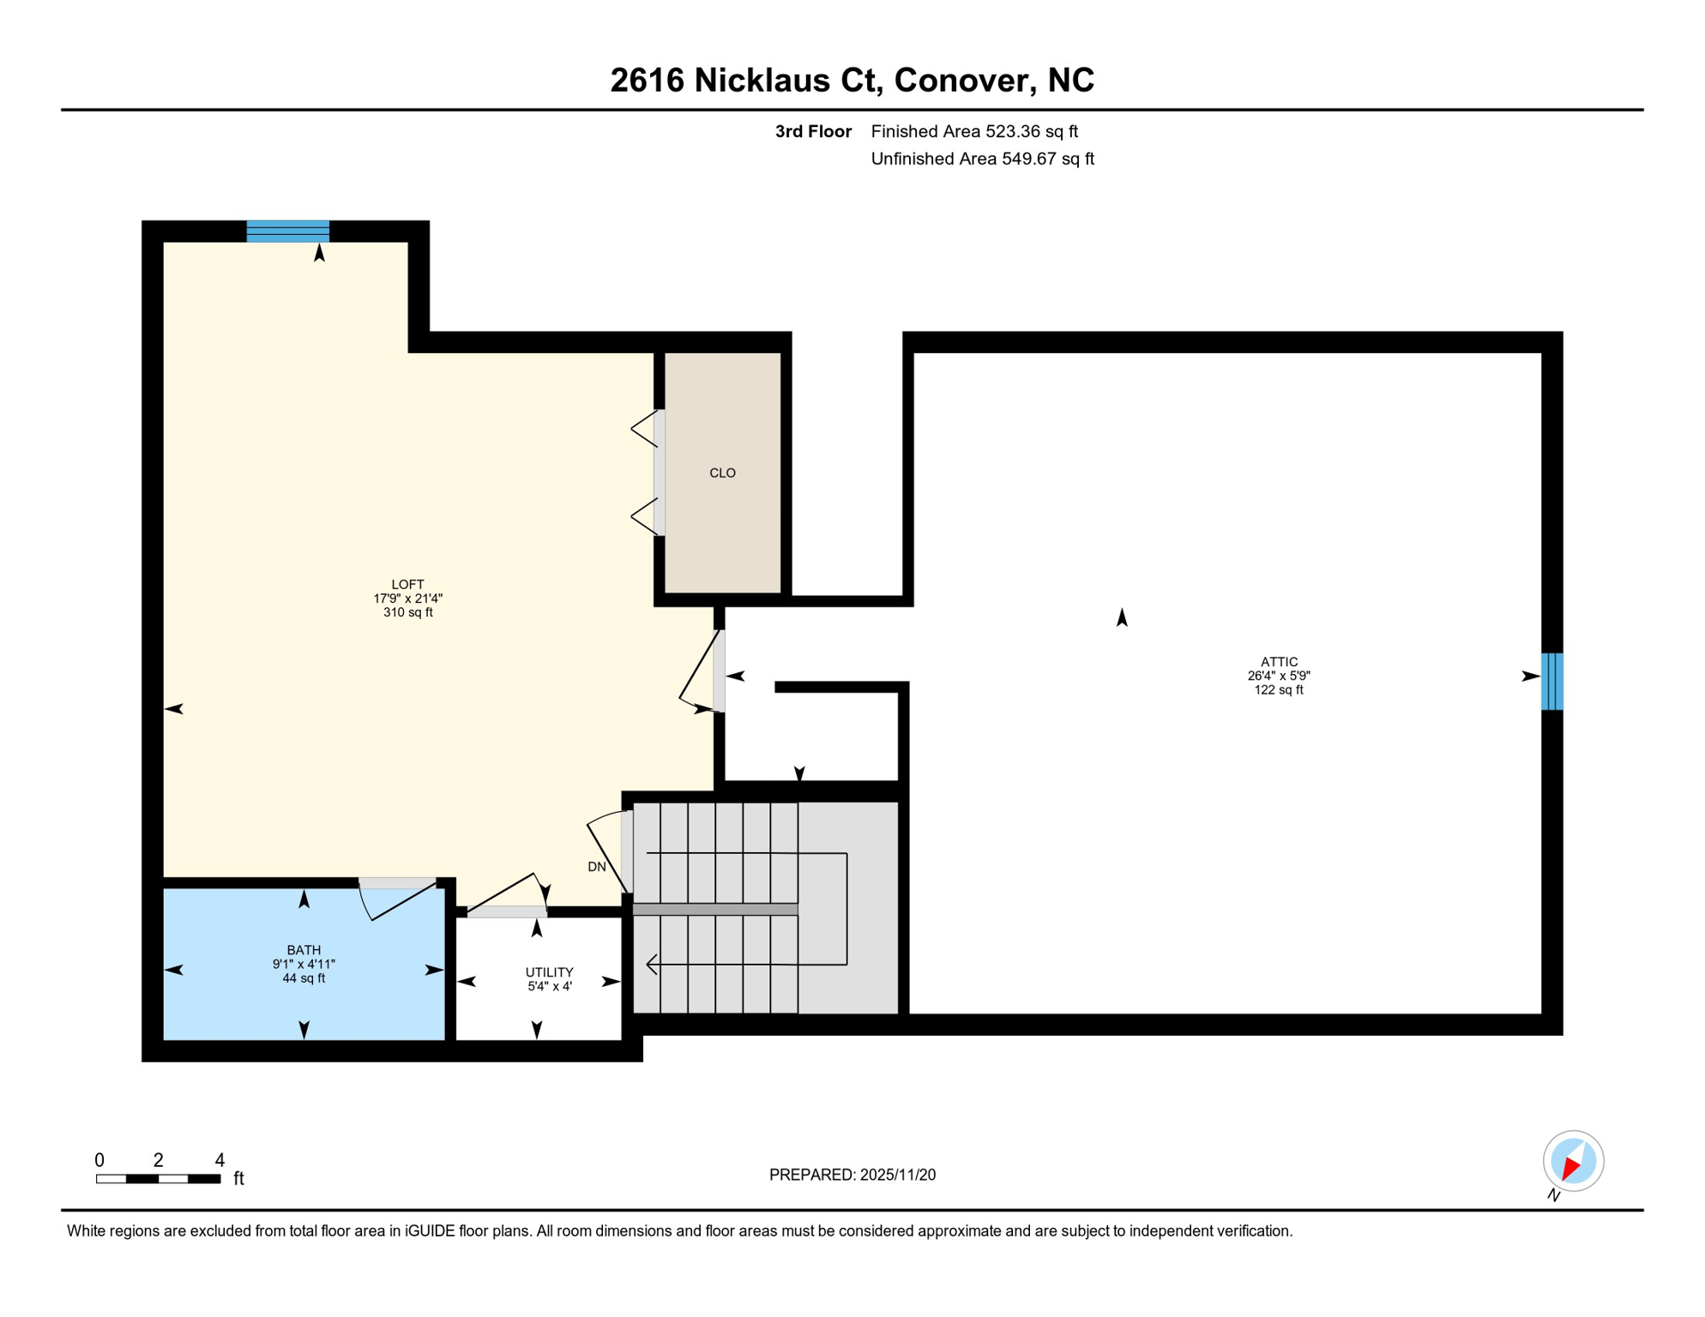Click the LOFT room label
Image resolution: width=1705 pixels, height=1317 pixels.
pos(407,585)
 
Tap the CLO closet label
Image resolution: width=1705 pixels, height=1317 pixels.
pos(722,473)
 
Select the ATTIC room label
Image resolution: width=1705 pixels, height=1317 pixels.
pos(1279,662)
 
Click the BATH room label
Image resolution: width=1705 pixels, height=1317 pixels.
pos(304,950)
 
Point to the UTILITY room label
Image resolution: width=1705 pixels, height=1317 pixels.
pos(549,972)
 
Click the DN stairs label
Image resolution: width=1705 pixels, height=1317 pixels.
pos(597,867)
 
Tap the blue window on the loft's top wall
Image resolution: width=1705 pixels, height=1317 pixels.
pos(288,232)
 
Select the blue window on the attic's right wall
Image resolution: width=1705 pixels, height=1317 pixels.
pos(1551,682)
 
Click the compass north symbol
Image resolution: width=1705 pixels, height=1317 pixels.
pos(1573,1161)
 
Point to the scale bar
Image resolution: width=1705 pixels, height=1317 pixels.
pos(159,1179)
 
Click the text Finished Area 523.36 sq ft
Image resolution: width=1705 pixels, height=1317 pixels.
pos(974,131)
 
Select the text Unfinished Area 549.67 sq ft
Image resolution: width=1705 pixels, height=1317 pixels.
pos(982,159)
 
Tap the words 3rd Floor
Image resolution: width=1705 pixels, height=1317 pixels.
pos(813,131)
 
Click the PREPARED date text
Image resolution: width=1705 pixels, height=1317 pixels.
pos(852,1175)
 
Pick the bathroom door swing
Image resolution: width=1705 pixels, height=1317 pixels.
pos(400,900)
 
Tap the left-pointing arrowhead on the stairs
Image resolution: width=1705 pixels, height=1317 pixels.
pos(652,965)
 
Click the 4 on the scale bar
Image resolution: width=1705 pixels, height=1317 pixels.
pos(220,1160)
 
